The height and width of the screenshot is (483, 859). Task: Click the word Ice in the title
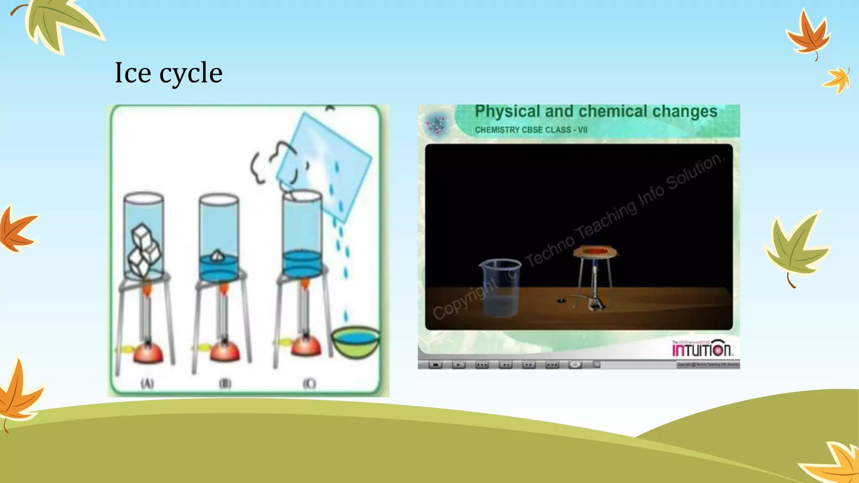[133, 73]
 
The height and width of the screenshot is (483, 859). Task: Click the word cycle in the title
[191, 74]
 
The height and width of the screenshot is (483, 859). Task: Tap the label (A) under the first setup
[147, 383]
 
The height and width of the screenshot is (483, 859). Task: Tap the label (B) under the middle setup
[225, 384]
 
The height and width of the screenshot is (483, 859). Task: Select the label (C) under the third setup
[310, 383]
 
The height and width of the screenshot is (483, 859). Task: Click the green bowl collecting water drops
[355, 341]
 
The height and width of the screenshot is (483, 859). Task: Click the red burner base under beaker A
[148, 353]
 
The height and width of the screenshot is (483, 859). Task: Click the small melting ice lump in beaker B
[217, 255]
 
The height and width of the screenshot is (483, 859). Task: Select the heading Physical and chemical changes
[596, 112]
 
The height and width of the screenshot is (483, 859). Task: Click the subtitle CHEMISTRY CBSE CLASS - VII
[531, 130]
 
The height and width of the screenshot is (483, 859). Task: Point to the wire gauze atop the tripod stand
[596, 252]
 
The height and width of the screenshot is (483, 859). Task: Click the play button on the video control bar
[458, 365]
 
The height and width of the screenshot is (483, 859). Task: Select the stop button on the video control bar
[435, 365]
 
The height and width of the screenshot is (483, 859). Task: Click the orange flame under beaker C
[305, 285]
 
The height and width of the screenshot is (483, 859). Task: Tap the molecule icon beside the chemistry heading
[436, 125]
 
